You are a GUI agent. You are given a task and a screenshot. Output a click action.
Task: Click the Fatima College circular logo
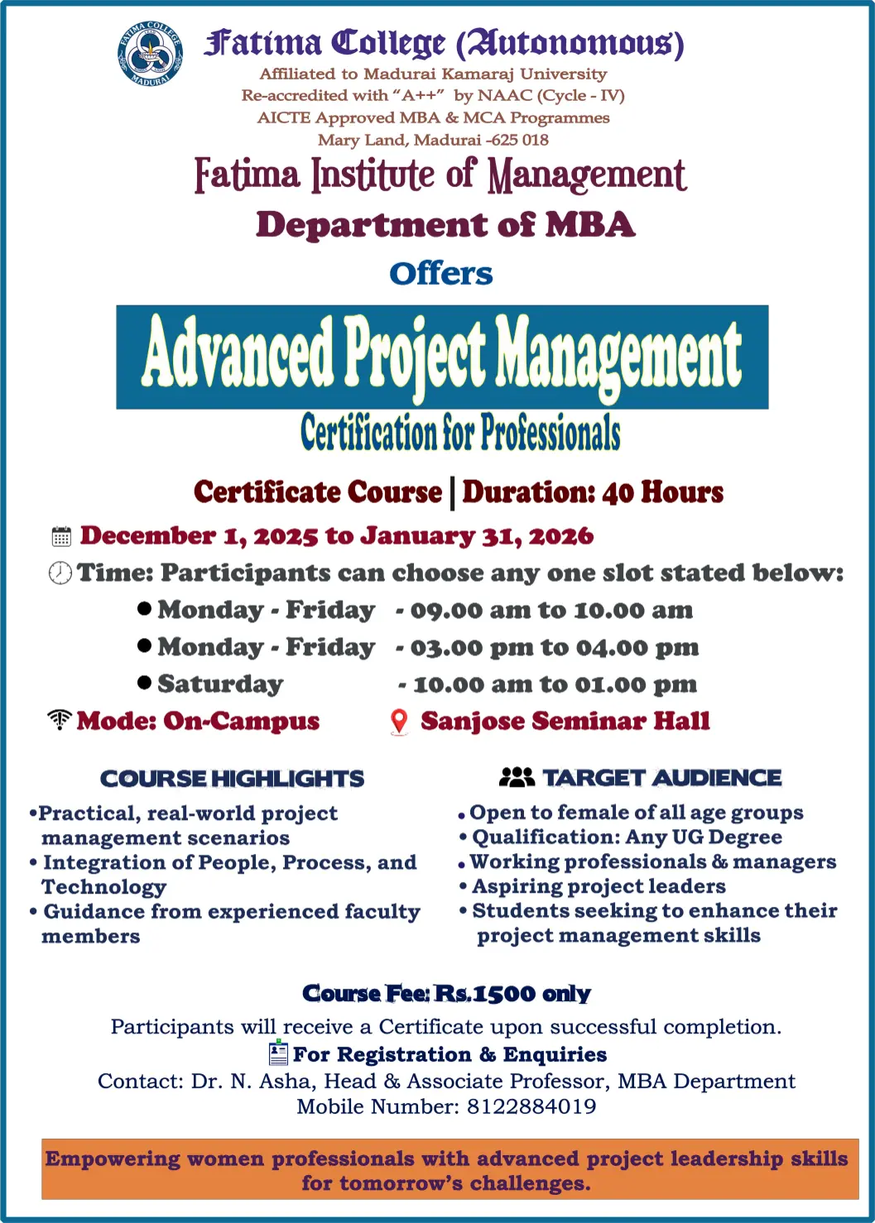pos(150,54)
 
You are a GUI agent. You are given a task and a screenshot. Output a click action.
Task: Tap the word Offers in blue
pos(440,274)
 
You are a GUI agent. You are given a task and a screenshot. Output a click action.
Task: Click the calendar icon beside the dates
pos(61,536)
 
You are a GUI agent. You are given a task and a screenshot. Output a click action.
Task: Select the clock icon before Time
pos(60,573)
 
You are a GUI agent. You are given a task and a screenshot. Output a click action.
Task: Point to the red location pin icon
pos(399,722)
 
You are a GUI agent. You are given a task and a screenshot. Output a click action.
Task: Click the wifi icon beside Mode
pos(60,719)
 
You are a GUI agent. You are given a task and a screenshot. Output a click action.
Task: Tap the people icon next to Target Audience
pos(517,777)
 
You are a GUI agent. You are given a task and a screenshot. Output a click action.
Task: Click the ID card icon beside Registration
pos(278,1052)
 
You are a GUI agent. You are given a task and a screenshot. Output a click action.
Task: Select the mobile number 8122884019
pos(531,1106)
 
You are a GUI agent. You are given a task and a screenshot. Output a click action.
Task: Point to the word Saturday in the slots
pos(221,684)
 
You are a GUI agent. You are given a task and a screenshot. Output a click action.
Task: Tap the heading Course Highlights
pos(232,779)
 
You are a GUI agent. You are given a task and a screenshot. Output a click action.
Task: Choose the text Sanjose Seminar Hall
pos(565,722)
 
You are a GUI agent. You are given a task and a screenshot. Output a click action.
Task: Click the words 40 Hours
pos(663,492)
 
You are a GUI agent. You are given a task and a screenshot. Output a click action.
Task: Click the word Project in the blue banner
pos(415,356)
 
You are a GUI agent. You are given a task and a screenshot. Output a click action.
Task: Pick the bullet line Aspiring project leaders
pos(599,886)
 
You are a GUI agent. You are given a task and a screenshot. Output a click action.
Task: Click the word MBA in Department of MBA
pos(590,224)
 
